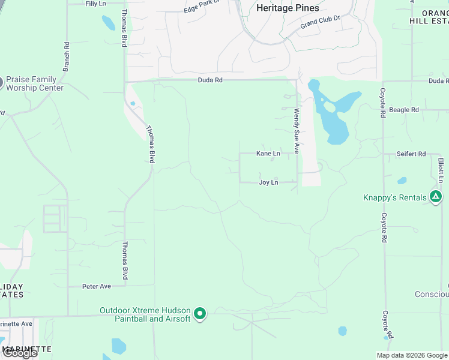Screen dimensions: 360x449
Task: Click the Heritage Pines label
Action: pyautogui.click(x=288, y=8)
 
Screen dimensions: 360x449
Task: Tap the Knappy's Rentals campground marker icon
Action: pyautogui.click(x=436, y=197)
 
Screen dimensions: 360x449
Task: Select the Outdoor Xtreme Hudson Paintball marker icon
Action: pyautogui.click(x=201, y=314)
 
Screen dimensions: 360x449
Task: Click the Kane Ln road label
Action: pyautogui.click(x=268, y=154)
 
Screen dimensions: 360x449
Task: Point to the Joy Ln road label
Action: pyautogui.click(x=268, y=182)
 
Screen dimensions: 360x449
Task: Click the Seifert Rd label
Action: pyautogui.click(x=411, y=154)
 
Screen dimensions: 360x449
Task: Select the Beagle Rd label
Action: pyautogui.click(x=404, y=110)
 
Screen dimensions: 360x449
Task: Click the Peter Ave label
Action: pyautogui.click(x=97, y=286)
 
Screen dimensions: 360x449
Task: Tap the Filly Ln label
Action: pyautogui.click(x=95, y=4)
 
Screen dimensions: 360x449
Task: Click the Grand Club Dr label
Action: pyautogui.click(x=320, y=22)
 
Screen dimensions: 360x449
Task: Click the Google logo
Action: pyautogui.click(x=20, y=353)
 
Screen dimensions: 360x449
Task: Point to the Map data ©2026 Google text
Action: pyautogui.click(x=412, y=355)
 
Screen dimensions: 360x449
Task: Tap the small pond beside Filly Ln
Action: pyautogui.click(x=108, y=23)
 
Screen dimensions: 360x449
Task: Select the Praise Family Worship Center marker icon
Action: pyautogui.click(x=1, y=82)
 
